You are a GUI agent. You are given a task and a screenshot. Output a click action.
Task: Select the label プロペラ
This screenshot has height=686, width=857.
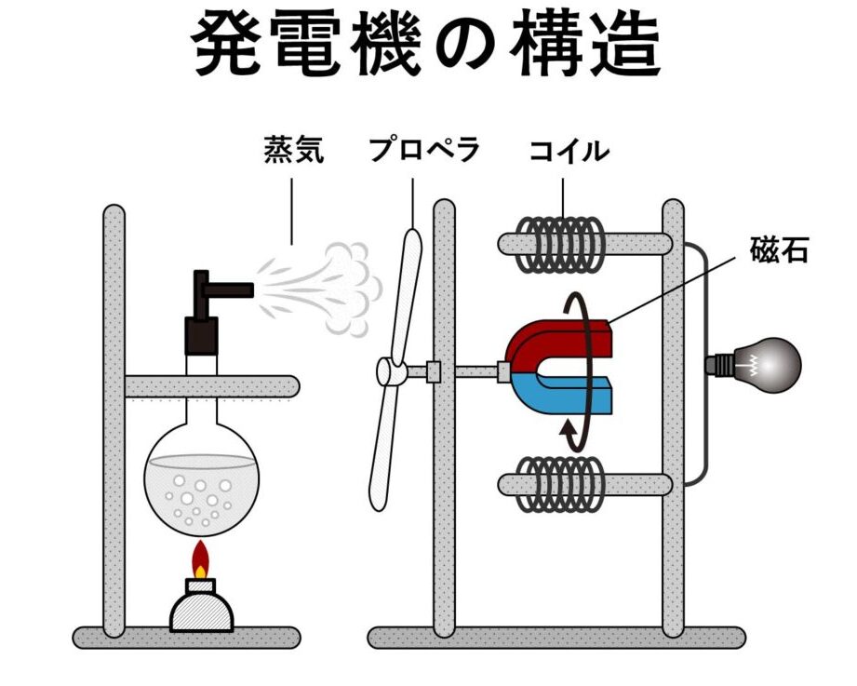pos(423,150)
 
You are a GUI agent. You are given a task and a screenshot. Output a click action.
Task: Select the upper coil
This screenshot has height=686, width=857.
pos(562,244)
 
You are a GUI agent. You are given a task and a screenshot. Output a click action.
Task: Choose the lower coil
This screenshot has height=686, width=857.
pos(562,484)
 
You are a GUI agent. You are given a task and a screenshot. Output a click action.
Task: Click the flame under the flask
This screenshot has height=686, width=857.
pos(200,560)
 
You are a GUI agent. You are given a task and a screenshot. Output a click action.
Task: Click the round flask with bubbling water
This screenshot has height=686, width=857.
pos(201,479)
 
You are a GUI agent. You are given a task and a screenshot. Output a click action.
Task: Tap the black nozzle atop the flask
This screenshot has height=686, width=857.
pos(209,307)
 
